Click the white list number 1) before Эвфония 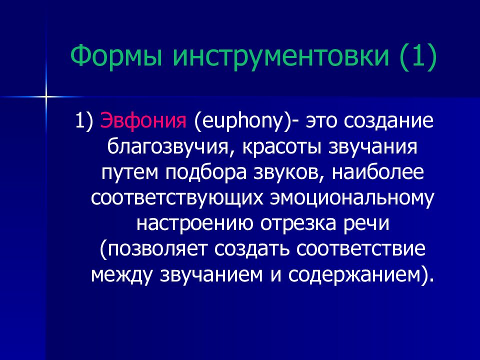point(83,121)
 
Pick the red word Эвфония point(143,120)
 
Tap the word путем point(130,173)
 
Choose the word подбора point(206,172)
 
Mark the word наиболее point(378,172)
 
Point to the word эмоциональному point(352,198)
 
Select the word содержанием point(353,275)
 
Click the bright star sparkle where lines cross point(46,97)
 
